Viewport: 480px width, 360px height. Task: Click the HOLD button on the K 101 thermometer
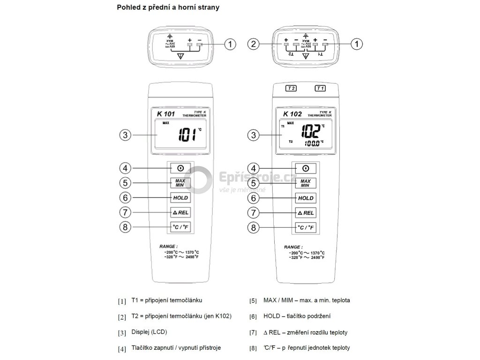[x=180, y=198]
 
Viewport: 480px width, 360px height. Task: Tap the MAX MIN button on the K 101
[x=180, y=183]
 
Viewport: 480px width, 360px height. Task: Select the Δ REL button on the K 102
[x=305, y=213]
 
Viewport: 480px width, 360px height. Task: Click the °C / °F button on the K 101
[x=180, y=228]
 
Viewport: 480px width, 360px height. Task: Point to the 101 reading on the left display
[x=187, y=136]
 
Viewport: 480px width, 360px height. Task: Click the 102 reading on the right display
[x=310, y=131]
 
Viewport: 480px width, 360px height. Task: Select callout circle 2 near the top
[x=254, y=45]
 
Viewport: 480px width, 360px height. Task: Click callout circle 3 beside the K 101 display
[x=124, y=135]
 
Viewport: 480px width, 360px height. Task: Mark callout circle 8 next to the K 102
[x=254, y=228]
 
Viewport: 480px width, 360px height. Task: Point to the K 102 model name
[x=292, y=113]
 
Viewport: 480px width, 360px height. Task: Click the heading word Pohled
[x=128, y=7]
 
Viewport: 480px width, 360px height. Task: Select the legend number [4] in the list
[x=122, y=349]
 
